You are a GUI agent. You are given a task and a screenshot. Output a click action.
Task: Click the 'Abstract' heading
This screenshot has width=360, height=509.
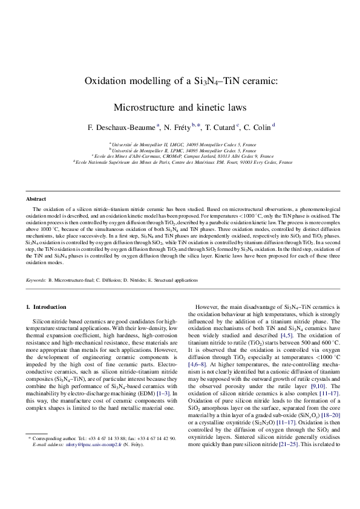[36, 199]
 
